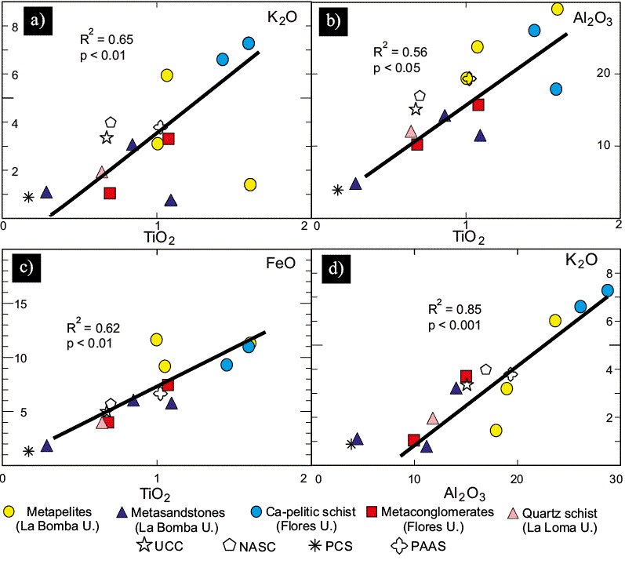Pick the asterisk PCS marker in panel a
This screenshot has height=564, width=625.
coord(28,197)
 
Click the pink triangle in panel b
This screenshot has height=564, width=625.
coord(410,131)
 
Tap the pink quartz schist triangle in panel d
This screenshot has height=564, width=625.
coord(432,418)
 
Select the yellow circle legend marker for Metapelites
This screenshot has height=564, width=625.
coord(9,512)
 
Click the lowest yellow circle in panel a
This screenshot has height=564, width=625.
coord(250,184)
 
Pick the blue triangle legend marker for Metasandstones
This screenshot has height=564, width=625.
coord(121,512)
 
